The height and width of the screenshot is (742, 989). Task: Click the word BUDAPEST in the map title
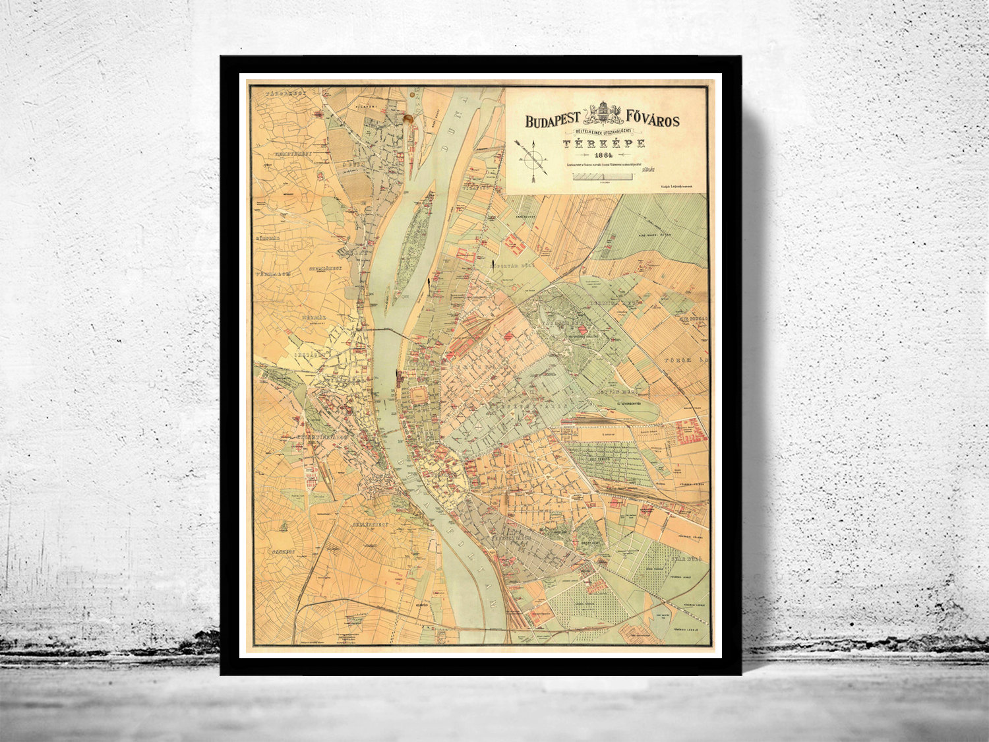[x=552, y=121]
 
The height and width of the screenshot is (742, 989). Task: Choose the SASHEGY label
[x=284, y=551]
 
